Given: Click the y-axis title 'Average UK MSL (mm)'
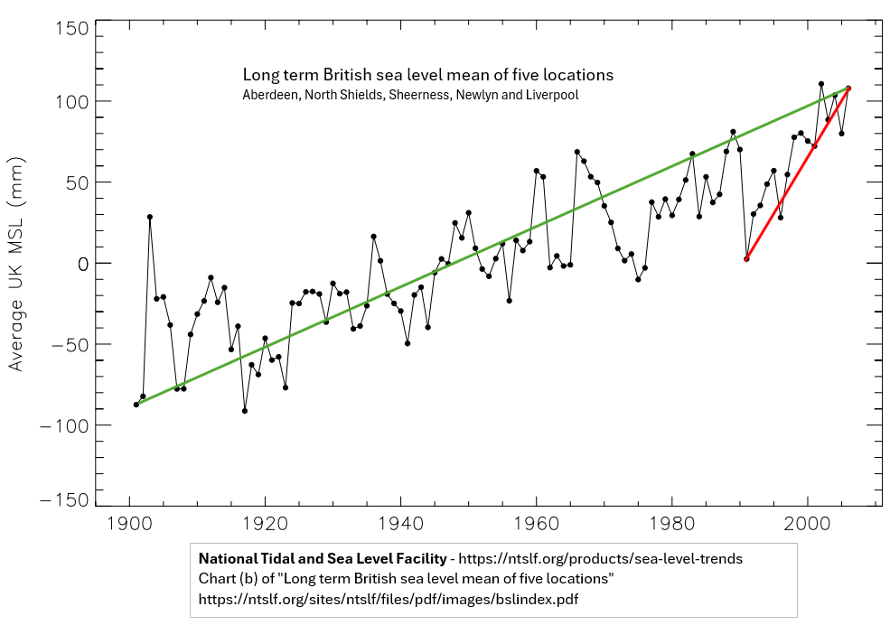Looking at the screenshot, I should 16,263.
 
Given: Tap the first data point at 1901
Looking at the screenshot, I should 136,405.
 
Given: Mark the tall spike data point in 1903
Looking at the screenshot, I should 150,217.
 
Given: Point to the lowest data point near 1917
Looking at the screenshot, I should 245,411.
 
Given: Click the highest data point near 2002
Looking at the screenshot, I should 821,84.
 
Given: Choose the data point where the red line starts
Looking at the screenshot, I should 746,259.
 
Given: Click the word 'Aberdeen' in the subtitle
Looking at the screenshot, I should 269,95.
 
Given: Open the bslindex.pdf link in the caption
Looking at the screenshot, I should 389,599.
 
